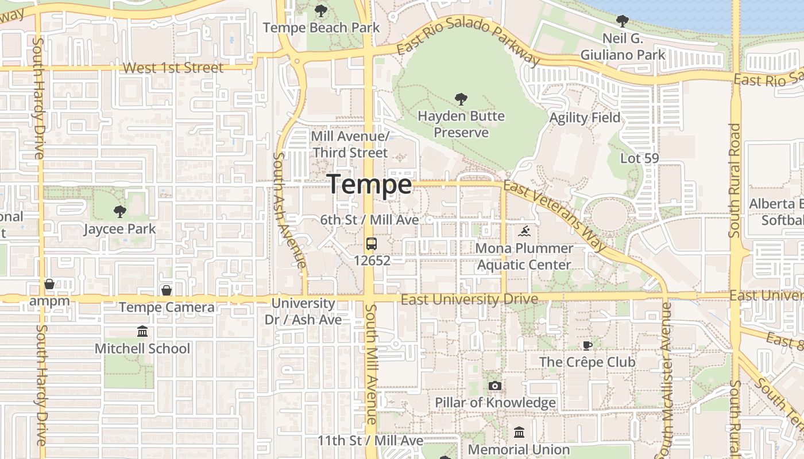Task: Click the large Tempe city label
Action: (x=370, y=185)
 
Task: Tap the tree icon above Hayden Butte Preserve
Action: (x=461, y=100)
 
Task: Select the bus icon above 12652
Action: (x=372, y=244)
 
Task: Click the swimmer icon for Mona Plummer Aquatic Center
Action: (x=524, y=232)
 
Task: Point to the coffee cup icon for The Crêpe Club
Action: (x=587, y=345)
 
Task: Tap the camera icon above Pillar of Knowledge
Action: (x=494, y=386)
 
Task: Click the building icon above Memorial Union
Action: (x=519, y=432)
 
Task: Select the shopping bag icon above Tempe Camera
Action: (x=167, y=291)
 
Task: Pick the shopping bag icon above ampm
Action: (x=49, y=284)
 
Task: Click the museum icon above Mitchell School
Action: (x=142, y=332)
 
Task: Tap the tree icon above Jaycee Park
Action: (x=119, y=212)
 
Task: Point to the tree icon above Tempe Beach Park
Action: (x=321, y=10)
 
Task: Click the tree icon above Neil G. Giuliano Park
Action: (x=622, y=22)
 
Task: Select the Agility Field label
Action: (x=585, y=118)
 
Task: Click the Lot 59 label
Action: (x=639, y=158)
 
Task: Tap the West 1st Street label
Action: (x=173, y=68)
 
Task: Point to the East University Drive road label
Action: (x=469, y=299)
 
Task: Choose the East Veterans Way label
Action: (x=555, y=216)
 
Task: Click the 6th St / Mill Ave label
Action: (x=369, y=220)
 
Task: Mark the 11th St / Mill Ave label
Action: (x=370, y=441)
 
